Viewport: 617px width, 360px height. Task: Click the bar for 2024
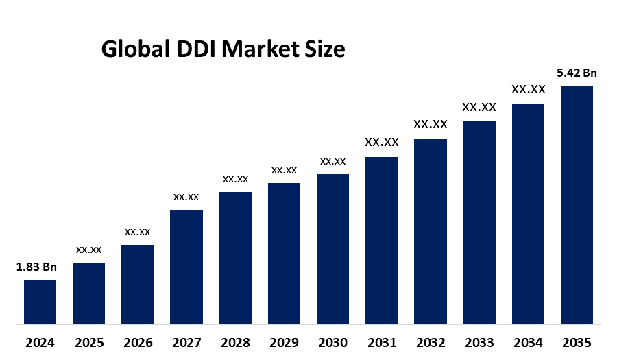[x=40, y=302]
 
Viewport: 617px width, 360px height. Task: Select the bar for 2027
[x=186, y=266]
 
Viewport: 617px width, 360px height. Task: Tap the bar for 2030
[x=332, y=248]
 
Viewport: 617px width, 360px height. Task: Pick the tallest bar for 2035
[x=577, y=204]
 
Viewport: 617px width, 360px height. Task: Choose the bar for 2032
[x=431, y=231]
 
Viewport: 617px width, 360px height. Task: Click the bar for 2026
[x=138, y=284]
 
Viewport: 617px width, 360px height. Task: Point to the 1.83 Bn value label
[x=36, y=267]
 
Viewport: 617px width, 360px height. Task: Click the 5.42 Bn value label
[x=577, y=73]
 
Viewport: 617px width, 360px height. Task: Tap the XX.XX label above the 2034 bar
[x=528, y=90]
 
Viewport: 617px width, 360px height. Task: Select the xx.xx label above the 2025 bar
[x=89, y=250]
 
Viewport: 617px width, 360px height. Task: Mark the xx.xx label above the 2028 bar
[x=235, y=179]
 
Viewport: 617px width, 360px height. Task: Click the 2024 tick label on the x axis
[x=40, y=342]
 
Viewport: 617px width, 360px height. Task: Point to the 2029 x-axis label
[x=284, y=342]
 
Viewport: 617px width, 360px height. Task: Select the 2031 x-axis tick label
[x=381, y=342]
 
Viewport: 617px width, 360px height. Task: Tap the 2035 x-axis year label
[x=577, y=342]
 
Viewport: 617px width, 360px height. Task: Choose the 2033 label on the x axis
[x=479, y=342]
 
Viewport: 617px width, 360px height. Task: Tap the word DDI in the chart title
[x=196, y=50]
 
